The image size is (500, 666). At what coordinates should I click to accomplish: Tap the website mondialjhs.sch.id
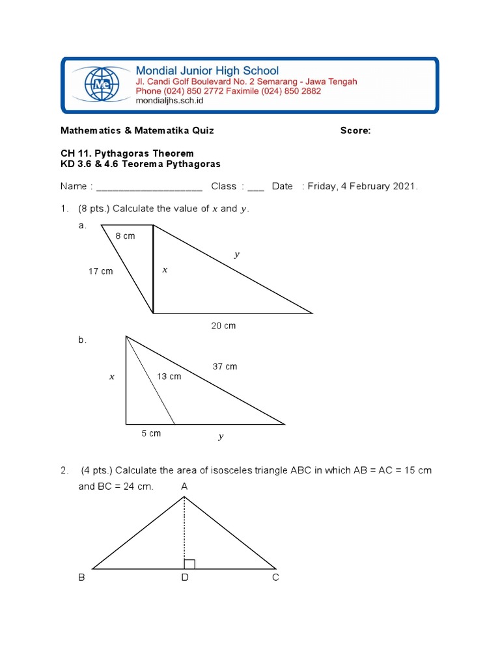(169, 101)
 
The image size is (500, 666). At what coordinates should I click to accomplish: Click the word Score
(355, 131)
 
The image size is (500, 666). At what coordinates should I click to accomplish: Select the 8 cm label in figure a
(125, 236)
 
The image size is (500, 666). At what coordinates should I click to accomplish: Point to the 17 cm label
(101, 271)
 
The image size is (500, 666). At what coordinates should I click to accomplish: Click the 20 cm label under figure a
(223, 326)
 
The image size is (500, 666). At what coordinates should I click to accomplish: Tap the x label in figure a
(165, 269)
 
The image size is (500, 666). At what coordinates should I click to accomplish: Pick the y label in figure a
(237, 255)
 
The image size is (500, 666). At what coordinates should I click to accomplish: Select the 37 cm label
(225, 367)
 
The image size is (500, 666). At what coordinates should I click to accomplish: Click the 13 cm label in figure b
(169, 377)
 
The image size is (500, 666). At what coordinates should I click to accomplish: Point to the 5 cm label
(151, 433)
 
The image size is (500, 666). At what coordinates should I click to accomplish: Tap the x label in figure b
(112, 377)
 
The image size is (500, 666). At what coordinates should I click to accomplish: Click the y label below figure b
(221, 436)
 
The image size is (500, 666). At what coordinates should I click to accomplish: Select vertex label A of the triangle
(184, 486)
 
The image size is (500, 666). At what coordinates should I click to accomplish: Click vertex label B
(82, 578)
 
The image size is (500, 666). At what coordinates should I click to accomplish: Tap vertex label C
(276, 578)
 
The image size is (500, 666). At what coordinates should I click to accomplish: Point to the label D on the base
(185, 578)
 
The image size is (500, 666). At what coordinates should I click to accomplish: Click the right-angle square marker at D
(189, 564)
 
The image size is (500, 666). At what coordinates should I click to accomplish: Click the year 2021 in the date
(404, 187)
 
